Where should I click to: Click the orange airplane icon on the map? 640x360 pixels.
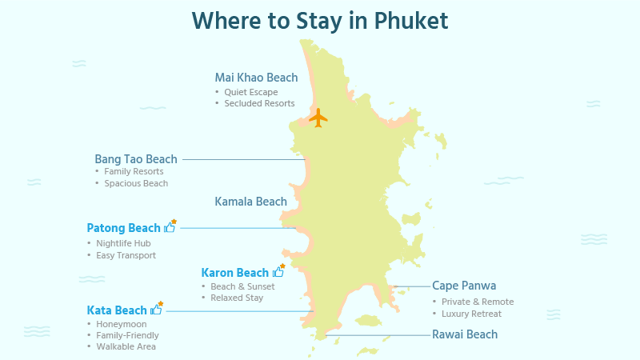coord(318,118)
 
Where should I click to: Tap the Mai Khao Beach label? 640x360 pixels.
coord(256,78)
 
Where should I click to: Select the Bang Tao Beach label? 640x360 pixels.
coord(136,159)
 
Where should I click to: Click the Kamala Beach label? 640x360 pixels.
coord(250,202)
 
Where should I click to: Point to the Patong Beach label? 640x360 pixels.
coord(124,228)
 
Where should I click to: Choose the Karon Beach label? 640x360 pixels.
coord(235,273)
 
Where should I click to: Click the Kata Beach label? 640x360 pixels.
coord(117,310)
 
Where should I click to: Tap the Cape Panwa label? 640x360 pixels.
coord(464,286)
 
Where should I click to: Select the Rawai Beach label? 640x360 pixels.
coord(465,334)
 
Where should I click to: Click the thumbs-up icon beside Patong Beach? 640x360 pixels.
coord(170,227)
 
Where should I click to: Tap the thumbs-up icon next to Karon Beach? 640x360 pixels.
coord(278,272)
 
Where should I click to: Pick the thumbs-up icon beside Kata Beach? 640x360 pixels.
coord(156,310)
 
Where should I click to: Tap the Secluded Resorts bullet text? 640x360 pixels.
coord(259,103)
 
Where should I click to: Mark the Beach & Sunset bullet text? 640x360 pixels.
coord(242,286)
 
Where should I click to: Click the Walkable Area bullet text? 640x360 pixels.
coord(126,346)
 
